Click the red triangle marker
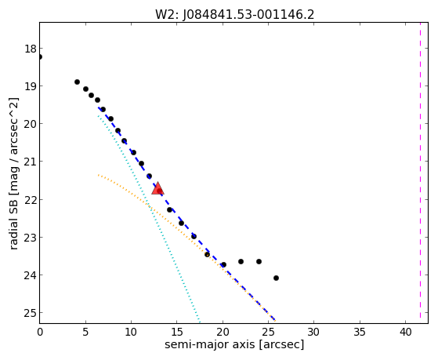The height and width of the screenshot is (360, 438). pos(157,188)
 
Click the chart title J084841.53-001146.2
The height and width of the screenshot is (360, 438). pos(248,14)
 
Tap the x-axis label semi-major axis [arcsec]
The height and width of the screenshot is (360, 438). pos(234,344)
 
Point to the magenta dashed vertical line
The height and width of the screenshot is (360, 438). pos(420,170)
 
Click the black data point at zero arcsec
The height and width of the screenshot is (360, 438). pos(40,56)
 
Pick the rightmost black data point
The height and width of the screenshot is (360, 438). pos(276,278)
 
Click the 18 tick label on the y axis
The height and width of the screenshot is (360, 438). pos(31,49)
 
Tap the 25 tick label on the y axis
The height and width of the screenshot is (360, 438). pos(31,313)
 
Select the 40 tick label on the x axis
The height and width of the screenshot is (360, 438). pos(405,332)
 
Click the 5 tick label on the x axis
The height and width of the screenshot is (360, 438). pos(85,332)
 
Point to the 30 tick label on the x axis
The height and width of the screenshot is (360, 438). pos(314,332)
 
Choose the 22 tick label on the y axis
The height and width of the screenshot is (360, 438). pos(31,200)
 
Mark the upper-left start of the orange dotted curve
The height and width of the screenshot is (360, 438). pos(98,175)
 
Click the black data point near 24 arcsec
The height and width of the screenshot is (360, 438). pos(259,261)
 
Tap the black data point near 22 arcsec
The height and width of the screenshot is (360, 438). pos(241,261)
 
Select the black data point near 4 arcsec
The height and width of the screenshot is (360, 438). pos(77,82)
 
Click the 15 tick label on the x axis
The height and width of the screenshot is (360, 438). pos(177,332)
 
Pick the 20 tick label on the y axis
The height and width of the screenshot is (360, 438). pos(31,124)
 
